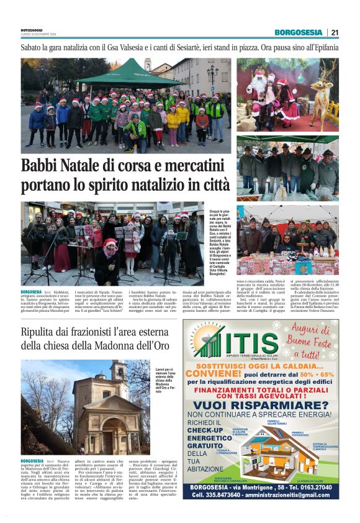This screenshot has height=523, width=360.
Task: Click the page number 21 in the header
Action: click(x=335, y=32)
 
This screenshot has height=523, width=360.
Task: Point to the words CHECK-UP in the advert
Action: click(x=207, y=429)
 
